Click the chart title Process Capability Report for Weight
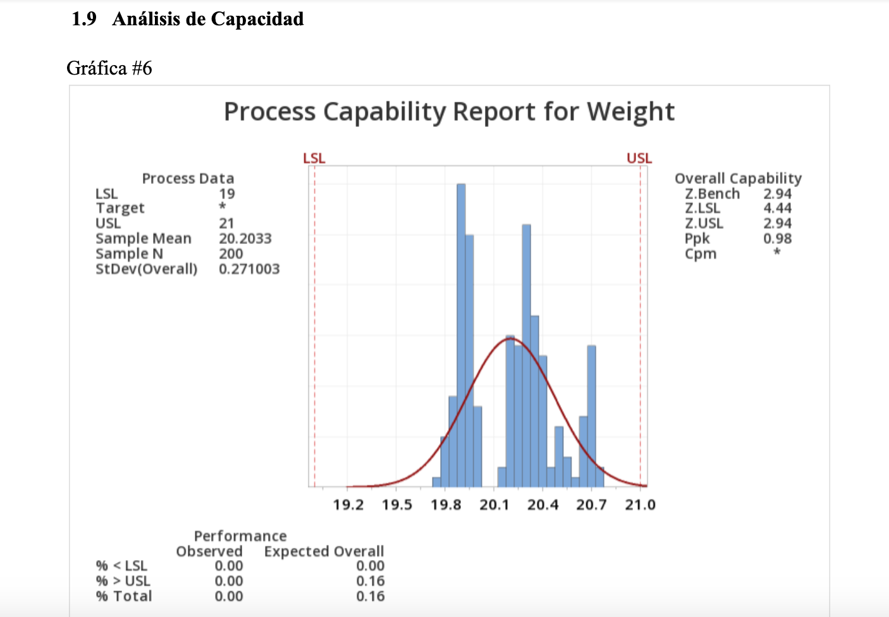click(449, 112)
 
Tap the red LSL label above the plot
click(314, 158)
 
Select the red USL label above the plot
click(639, 158)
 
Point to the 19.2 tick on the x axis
click(348, 504)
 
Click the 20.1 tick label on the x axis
click(494, 504)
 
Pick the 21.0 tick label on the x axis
click(640, 504)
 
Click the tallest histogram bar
click(461, 335)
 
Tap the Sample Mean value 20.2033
click(245, 238)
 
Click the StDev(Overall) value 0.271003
click(249, 269)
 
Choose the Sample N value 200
click(231, 254)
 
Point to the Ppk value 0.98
click(777, 238)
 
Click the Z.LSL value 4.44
click(777, 208)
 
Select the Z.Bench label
click(712, 193)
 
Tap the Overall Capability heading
click(738, 178)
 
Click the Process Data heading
click(188, 178)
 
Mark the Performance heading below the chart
click(240, 536)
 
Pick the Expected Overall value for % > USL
click(370, 581)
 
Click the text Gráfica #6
click(109, 68)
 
